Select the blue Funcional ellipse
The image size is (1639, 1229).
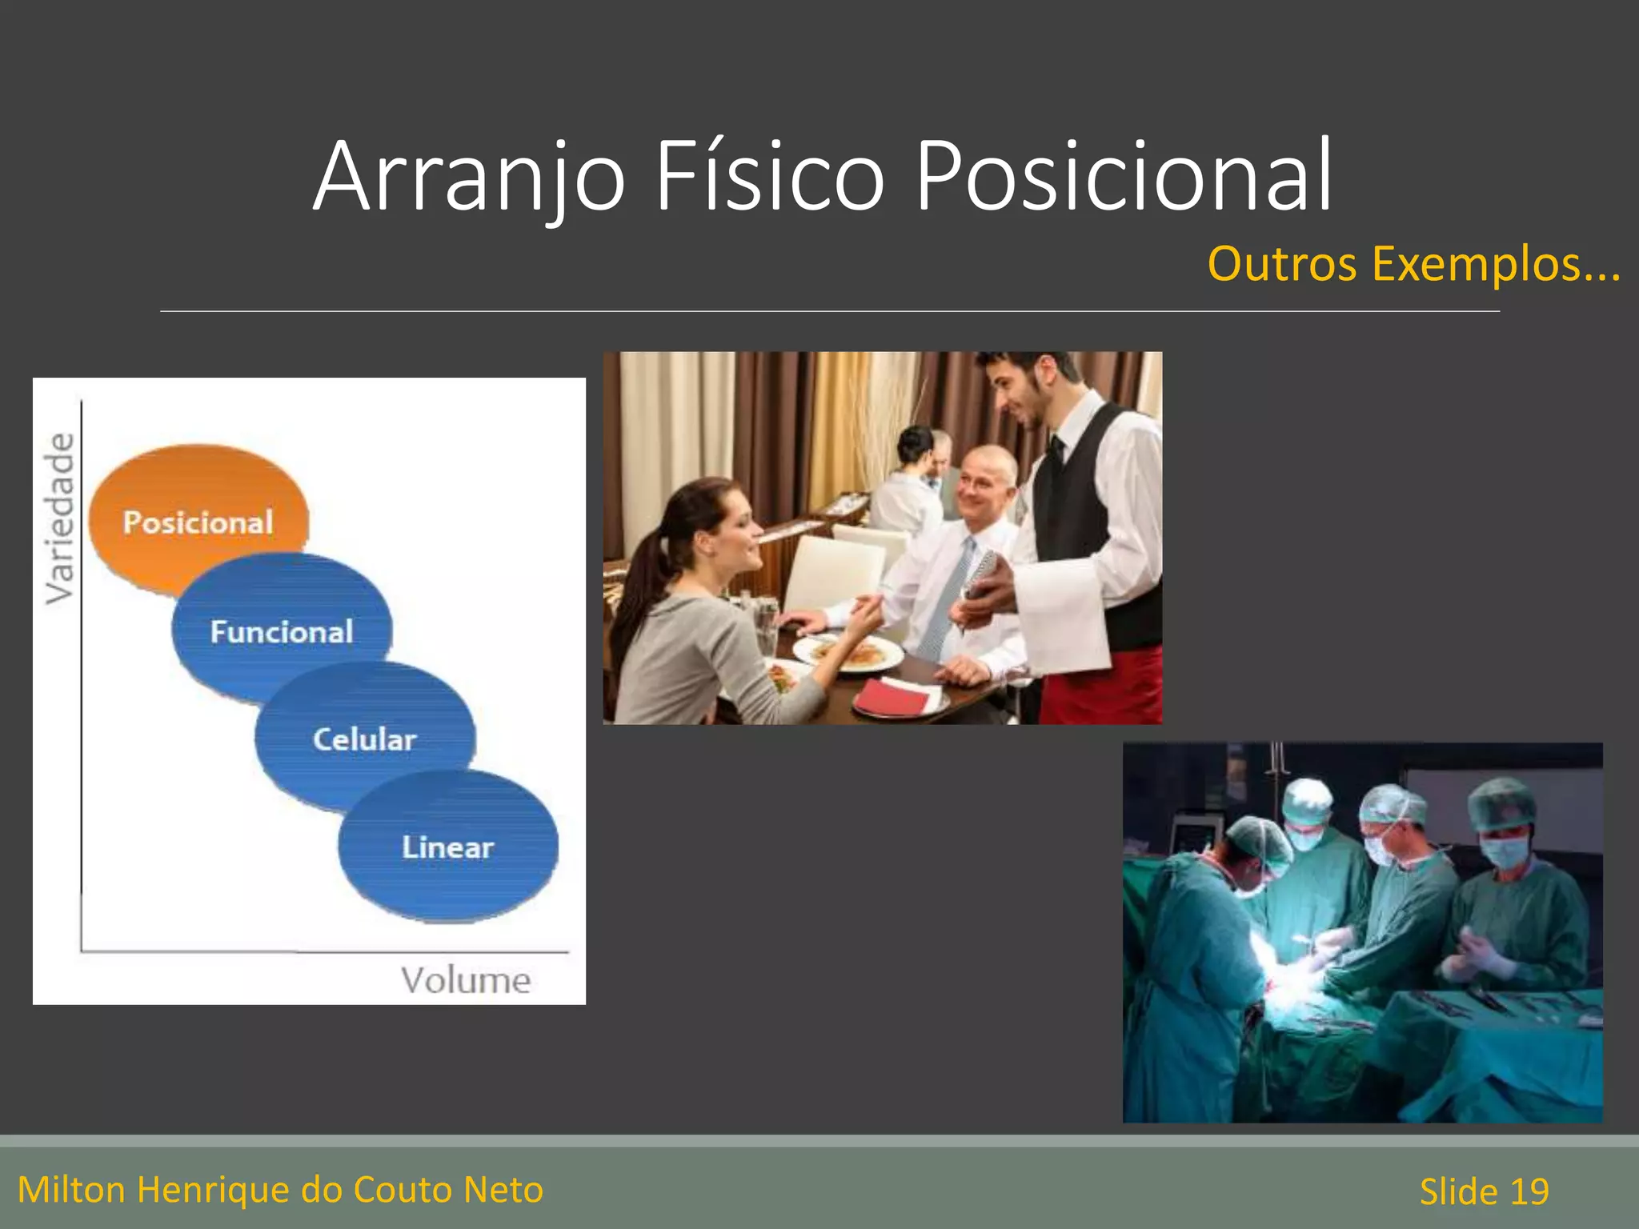coord(282,631)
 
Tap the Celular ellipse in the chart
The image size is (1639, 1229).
coord(365,738)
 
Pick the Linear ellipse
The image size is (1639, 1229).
coord(448,847)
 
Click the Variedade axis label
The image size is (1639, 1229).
coord(60,518)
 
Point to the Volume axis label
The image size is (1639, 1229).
coord(465,980)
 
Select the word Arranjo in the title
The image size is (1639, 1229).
coord(468,178)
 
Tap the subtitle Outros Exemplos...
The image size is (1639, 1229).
coord(1413,264)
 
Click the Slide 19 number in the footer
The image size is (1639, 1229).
coord(1484,1191)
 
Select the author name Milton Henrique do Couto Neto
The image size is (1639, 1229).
coord(280,1190)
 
